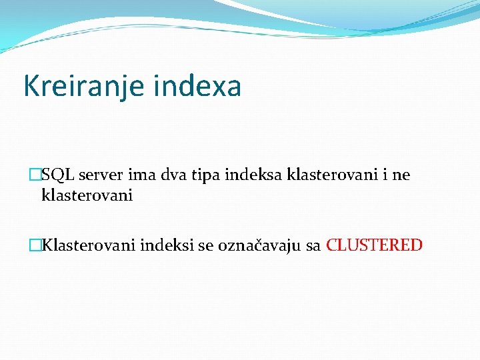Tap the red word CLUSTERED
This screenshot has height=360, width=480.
pos(375,245)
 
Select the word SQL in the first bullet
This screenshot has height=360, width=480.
pos(57,175)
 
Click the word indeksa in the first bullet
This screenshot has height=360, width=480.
pos(253,175)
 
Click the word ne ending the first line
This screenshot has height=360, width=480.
pos(401,175)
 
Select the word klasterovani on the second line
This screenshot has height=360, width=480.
pos(87,195)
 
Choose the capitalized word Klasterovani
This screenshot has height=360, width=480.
pos(89,245)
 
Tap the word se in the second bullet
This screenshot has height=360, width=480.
pos(205,245)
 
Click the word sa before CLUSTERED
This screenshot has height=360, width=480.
pos(313,245)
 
